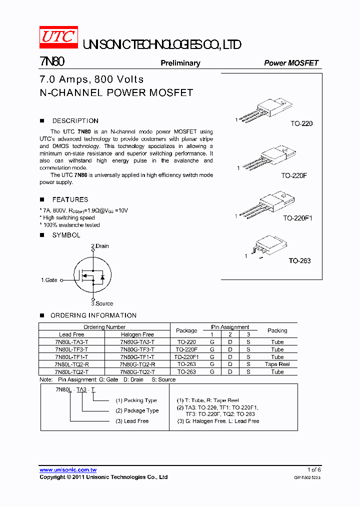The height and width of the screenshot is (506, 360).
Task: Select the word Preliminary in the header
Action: pyautogui.click(x=180, y=63)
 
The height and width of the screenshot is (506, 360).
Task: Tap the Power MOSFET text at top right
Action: pyautogui.click(x=291, y=63)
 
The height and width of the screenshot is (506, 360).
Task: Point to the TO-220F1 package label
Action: pyautogui.click(x=297, y=218)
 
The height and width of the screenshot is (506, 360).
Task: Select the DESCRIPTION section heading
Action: pyautogui.click(x=75, y=121)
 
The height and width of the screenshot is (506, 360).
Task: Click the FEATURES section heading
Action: pyautogui.click(x=70, y=199)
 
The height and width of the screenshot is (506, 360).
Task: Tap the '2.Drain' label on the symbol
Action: pyautogui.click(x=99, y=246)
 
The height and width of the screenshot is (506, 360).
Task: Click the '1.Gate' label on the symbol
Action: pyautogui.click(x=49, y=280)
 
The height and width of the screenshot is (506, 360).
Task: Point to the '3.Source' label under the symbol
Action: pyautogui.click(x=102, y=303)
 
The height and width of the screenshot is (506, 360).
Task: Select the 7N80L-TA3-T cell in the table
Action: pyautogui.click(x=71, y=342)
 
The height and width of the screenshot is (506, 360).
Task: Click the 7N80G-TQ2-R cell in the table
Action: pyautogui.click(x=137, y=364)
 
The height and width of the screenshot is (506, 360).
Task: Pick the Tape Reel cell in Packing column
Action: pyautogui.click(x=277, y=364)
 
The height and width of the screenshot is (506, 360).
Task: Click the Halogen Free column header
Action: pyautogui.click(x=137, y=334)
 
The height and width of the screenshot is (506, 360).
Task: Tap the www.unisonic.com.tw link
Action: pyautogui.click(x=68, y=469)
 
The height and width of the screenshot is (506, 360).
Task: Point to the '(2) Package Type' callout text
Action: pyautogui.click(x=137, y=410)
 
